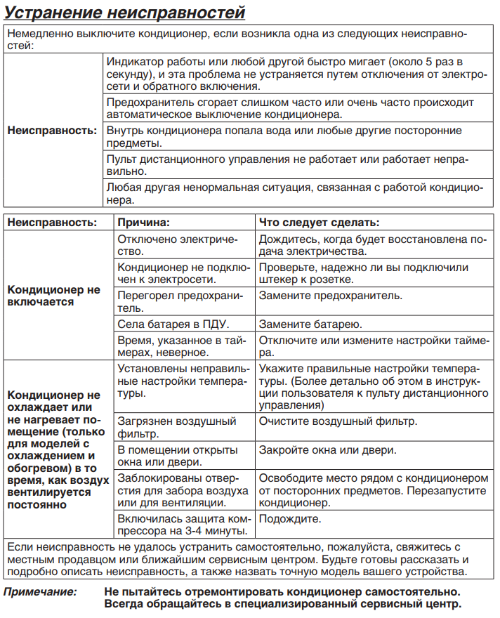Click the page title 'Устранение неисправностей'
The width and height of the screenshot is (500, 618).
pyautogui.click(x=124, y=13)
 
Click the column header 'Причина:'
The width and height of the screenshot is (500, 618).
pyautogui.click(x=143, y=223)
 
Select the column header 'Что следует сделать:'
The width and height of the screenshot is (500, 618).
pyautogui.click(x=320, y=223)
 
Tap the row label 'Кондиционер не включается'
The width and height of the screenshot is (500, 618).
pyautogui.click(x=54, y=295)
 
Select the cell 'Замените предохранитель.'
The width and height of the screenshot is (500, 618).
pyautogui.click(x=331, y=295)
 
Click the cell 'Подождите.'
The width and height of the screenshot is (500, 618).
pyautogui.click(x=290, y=519)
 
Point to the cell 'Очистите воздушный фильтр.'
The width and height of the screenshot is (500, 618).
pyautogui.click(x=338, y=421)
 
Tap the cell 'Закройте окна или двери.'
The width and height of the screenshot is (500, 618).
pyautogui.click(x=327, y=450)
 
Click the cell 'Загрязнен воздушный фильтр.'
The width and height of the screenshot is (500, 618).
pyautogui.click(x=176, y=428)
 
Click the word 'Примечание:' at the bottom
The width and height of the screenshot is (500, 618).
pyautogui.click(x=40, y=592)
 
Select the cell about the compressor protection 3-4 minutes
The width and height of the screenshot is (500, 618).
pyautogui.click(x=182, y=525)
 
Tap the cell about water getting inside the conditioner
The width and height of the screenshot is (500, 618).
pyautogui.click(x=283, y=137)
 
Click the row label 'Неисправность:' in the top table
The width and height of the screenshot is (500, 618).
pyautogui.click(x=52, y=131)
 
